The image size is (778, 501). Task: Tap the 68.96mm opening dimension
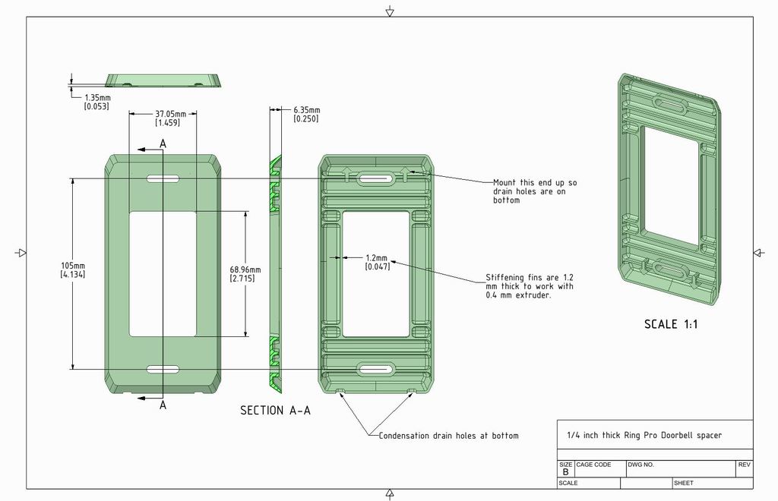click(245, 274)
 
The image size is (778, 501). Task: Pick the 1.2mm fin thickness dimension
click(377, 262)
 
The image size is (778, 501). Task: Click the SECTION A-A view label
click(275, 411)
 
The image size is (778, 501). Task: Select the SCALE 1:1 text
click(671, 324)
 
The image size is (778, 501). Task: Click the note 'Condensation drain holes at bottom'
click(448, 436)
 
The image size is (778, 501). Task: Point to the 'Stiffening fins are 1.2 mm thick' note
click(529, 286)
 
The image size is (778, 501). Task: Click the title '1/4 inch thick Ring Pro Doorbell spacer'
click(644, 436)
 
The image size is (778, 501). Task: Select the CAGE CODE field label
click(593, 465)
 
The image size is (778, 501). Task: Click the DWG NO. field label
click(640, 465)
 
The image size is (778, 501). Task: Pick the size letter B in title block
click(565, 472)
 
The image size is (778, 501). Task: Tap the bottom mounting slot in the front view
click(161, 369)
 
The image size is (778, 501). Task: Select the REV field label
click(744, 465)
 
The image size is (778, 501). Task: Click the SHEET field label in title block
click(683, 483)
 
